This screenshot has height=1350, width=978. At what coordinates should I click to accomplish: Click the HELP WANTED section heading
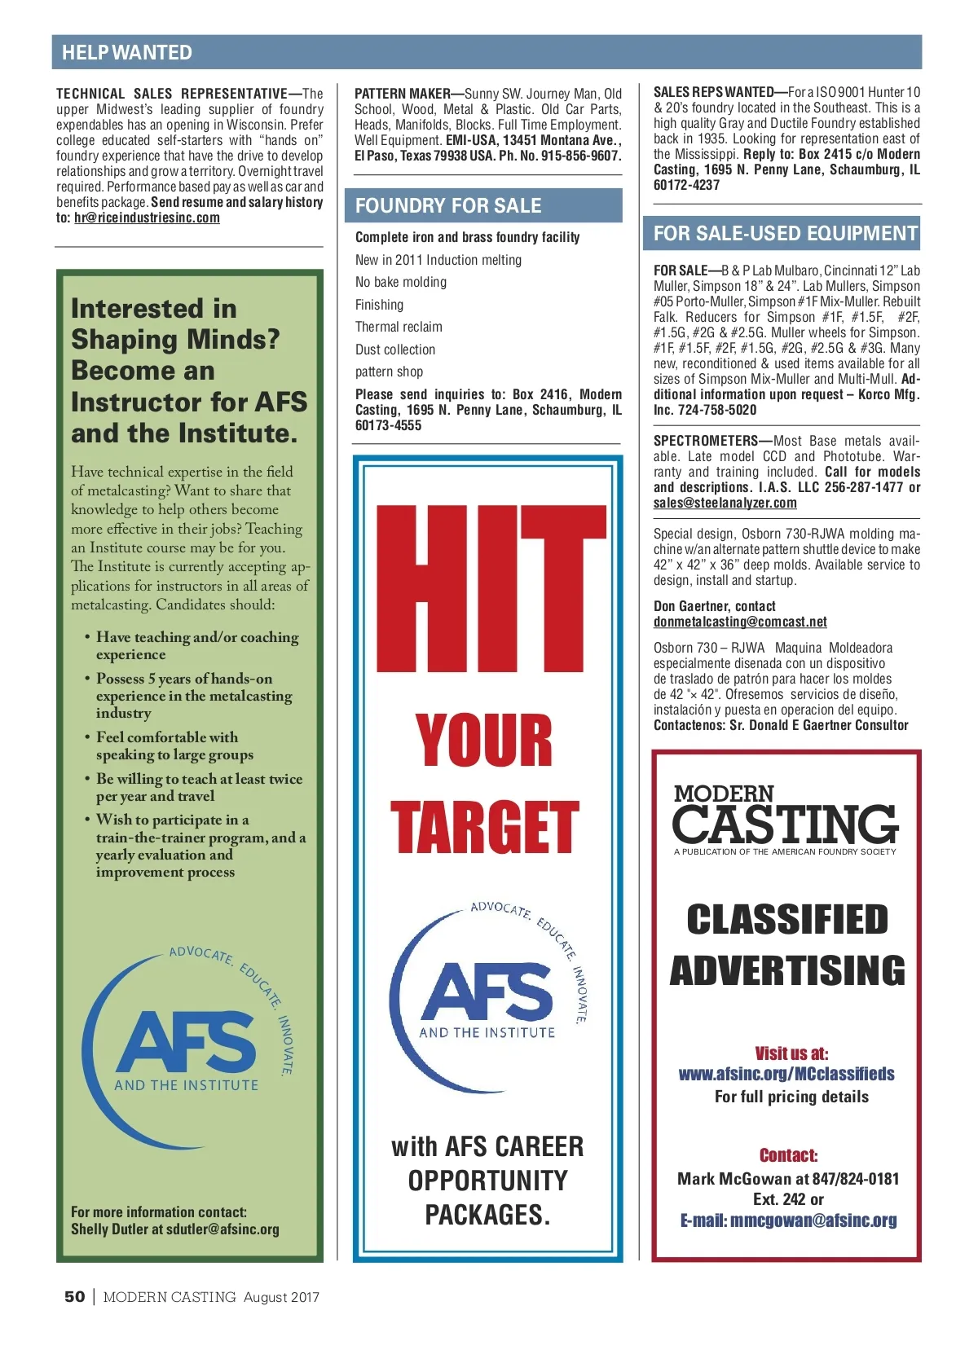(x=127, y=53)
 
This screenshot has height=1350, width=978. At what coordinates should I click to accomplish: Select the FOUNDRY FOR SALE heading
(x=448, y=206)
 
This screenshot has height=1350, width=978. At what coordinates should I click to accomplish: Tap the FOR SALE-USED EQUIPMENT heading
(x=786, y=234)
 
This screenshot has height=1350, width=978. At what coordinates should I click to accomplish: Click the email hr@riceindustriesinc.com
(x=147, y=218)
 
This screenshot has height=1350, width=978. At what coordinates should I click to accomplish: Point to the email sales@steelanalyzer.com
(x=725, y=503)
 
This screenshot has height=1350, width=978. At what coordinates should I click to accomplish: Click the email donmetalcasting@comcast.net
(x=740, y=622)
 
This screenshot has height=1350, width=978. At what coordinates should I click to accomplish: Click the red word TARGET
(x=485, y=827)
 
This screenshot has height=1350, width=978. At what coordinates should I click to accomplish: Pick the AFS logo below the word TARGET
(x=487, y=992)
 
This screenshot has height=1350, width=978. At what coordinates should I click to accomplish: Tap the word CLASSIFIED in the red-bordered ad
(x=786, y=920)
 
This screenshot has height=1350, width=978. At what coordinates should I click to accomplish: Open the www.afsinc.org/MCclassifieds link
(x=786, y=1074)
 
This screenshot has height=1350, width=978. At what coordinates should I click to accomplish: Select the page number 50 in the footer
(x=74, y=1297)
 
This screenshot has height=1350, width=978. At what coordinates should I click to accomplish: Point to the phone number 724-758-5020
(x=717, y=410)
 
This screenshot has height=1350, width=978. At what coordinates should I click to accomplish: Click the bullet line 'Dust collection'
(x=395, y=350)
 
